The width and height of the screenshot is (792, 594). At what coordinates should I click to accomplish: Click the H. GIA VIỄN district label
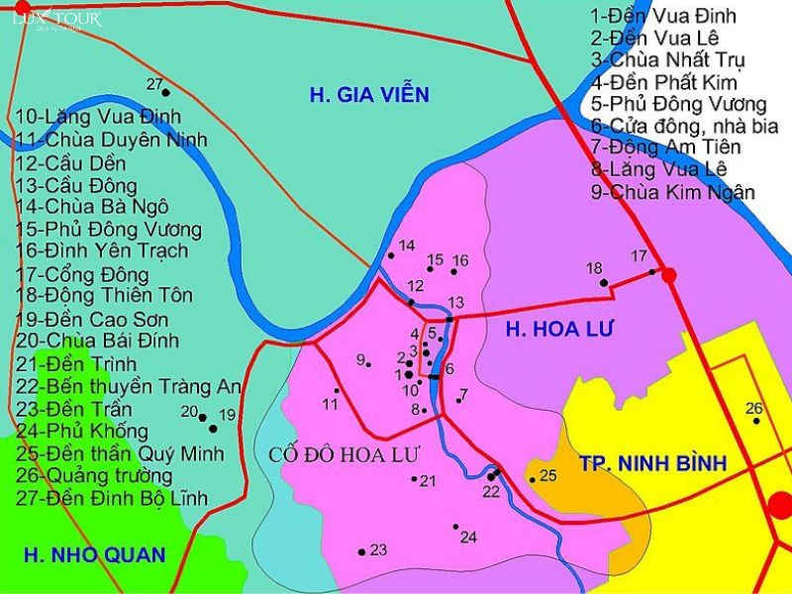(369, 95)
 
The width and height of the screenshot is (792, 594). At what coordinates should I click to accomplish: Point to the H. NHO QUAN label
(95, 554)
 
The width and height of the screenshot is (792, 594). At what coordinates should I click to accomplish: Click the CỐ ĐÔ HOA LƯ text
(345, 455)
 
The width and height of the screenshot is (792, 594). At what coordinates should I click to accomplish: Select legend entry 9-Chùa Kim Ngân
(673, 192)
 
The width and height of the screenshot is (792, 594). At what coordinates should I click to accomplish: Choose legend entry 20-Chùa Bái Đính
(98, 341)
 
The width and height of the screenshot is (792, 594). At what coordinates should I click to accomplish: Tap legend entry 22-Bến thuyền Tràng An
(129, 386)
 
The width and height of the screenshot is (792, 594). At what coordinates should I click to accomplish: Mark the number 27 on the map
(154, 83)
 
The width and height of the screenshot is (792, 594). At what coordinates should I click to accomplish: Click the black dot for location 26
(756, 421)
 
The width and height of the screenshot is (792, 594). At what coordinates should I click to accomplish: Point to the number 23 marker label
(378, 549)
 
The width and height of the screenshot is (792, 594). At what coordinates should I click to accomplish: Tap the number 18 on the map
(594, 268)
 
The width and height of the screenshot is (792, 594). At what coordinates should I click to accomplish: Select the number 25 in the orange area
(548, 475)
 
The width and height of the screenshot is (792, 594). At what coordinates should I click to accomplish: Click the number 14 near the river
(407, 245)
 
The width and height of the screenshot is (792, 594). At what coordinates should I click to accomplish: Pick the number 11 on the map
(331, 404)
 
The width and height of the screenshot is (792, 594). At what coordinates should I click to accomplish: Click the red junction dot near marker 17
(669, 274)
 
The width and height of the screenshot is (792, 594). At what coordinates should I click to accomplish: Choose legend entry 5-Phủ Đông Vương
(679, 104)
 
